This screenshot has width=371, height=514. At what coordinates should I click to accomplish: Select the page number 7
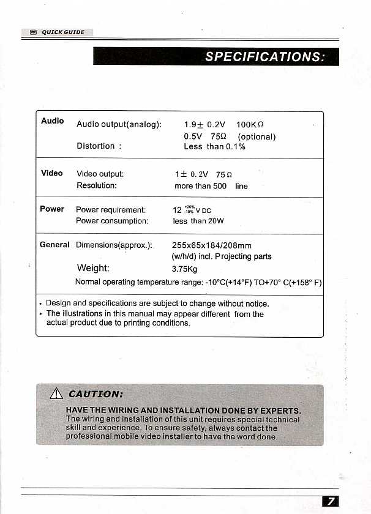330,502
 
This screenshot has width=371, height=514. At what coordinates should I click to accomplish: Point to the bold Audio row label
53,121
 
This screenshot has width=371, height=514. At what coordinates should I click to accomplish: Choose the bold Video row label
52,173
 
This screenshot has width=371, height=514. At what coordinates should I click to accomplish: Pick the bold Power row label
52,209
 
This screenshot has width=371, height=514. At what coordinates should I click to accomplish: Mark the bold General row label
54,245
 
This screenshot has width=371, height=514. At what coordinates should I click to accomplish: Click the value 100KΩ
250,124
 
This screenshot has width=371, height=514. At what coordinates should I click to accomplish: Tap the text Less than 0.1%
214,147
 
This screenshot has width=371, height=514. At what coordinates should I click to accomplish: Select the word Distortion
96,146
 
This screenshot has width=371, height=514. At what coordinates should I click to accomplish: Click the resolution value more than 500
200,186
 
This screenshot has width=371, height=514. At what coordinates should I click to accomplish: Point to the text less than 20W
198,222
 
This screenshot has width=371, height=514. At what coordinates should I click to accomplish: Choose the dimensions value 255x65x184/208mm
212,245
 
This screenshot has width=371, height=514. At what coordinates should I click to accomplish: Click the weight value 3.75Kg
185,269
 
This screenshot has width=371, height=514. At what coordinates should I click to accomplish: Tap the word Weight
93,268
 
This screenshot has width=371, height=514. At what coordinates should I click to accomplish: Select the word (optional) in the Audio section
257,136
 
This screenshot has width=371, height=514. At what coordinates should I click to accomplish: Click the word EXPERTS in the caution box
279,411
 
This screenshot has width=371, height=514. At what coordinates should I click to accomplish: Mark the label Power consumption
112,221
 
